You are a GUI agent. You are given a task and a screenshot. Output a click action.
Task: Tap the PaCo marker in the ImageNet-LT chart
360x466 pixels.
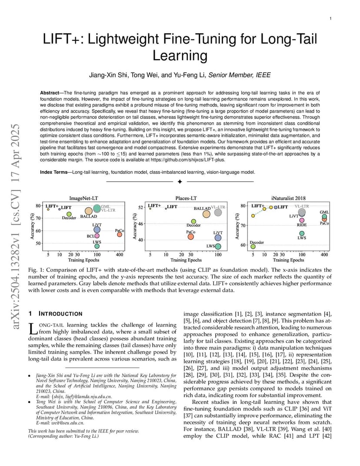click(120, 234)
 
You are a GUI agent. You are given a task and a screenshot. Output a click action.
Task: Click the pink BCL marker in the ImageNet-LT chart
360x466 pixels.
click(97, 236)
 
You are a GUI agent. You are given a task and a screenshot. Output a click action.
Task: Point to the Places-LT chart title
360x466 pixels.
click(186, 198)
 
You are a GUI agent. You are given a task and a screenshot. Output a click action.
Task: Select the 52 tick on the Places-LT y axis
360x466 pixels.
click(140, 208)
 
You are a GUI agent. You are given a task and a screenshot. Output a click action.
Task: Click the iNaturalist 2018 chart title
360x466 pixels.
click(288, 198)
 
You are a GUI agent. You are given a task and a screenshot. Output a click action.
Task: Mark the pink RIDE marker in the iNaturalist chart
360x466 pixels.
click(302, 220)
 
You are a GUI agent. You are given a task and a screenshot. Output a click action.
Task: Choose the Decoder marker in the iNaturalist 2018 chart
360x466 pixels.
click(253, 246)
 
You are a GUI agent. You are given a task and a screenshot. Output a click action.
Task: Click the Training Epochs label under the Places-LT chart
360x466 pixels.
click(186, 260)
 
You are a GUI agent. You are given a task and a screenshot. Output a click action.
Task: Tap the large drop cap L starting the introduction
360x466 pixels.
click(31, 329)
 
